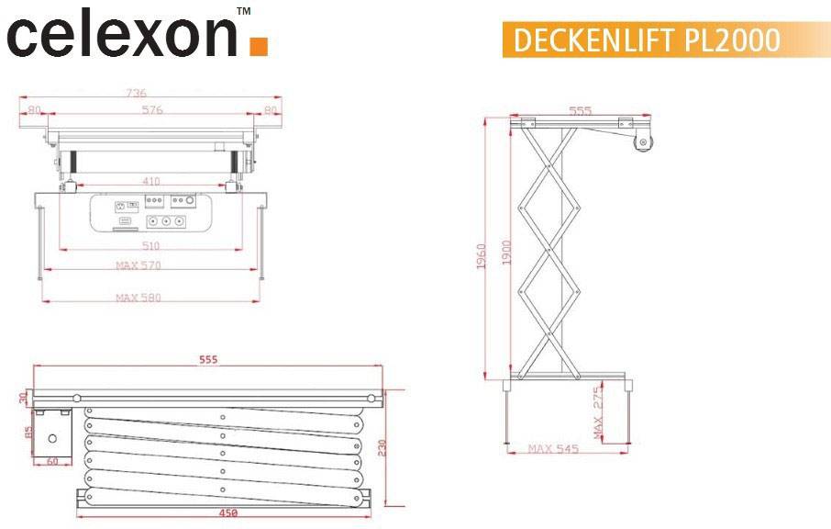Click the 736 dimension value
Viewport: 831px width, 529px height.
point(136,93)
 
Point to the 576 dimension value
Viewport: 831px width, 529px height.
point(152,110)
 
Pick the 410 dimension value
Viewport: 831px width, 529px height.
point(151,181)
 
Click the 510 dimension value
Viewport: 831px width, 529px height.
point(151,245)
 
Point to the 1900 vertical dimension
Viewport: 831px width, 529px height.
point(506,252)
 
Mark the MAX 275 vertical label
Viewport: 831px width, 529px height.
point(597,410)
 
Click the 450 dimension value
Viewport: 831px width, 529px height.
point(225,513)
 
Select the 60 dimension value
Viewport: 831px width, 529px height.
point(52,461)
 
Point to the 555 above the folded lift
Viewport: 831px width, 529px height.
point(208,360)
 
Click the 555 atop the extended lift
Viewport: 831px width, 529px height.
point(581,111)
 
